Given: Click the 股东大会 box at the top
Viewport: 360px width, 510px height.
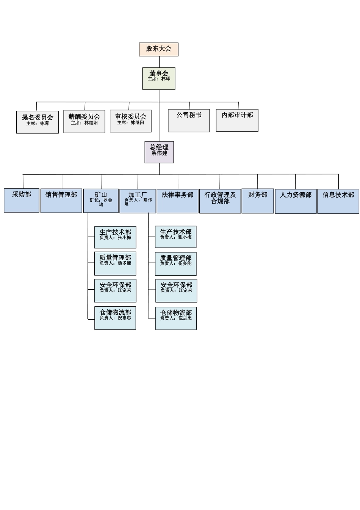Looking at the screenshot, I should pyautogui.click(x=158, y=49).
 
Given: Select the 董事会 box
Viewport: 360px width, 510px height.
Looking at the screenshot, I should pyautogui.click(x=159, y=78).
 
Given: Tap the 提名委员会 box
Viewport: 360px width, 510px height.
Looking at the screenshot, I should pyautogui.click(x=38, y=122).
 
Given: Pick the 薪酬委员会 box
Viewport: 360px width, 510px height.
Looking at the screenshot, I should pyautogui.click(x=84, y=121).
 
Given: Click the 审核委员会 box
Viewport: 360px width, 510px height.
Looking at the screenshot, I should pyautogui.click(x=131, y=121).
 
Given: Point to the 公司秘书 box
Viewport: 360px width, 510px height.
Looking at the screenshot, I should pyautogui.click(x=189, y=121).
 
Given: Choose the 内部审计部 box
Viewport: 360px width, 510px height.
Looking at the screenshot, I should pyautogui.click(x=237, y=120).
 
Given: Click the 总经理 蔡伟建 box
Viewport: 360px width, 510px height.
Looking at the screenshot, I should pyautogui.click(x=159, y=152).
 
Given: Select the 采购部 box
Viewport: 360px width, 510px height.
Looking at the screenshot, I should pyautogui.click(x=22, y=200).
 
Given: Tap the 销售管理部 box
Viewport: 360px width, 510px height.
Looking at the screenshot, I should pyautogui.click(x=61, y=201).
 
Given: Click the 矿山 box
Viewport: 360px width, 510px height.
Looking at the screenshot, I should pyautogui.click(x=101, y=201).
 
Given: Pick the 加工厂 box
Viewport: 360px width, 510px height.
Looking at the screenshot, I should pyautogui.click(x=138, y=201).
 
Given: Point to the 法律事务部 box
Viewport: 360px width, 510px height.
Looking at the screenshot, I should pyautogui.click(x=177, y=201).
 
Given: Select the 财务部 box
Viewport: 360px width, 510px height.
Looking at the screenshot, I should pyautogui.click(x=258, y=201).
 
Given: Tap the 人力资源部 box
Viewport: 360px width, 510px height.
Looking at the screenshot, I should pyautogui.click(x=296, y=201).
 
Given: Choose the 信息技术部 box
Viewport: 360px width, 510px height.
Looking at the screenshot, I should pyautogui.click(x=338, y=201).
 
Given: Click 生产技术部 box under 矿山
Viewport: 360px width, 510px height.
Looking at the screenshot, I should pyautogui.click(x=115, y=237).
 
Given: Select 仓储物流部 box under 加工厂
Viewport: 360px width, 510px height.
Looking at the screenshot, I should pyautogui.click(x=176, y=319).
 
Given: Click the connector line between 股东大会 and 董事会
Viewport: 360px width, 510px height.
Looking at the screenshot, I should pyautogui.click(x=159, y=62).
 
